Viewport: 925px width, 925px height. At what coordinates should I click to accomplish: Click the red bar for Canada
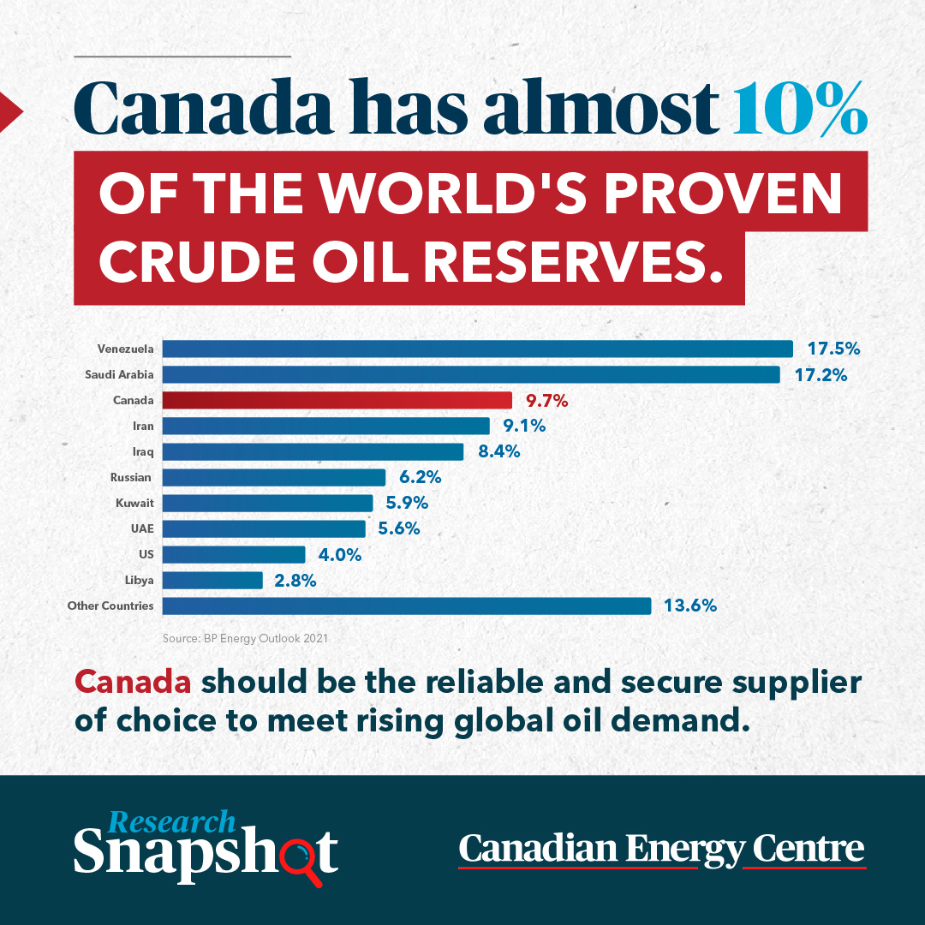point(337,400)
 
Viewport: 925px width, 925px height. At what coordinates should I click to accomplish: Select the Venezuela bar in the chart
point(478,349)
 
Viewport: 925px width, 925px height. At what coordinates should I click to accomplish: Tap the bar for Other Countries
point(407,606)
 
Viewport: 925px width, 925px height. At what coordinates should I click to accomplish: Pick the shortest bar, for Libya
point(212,581)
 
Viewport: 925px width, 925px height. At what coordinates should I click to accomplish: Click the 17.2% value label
point(821,375)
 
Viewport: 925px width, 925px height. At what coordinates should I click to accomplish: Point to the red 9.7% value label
point(546,401)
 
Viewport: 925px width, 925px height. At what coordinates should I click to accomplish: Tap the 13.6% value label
point(690,606)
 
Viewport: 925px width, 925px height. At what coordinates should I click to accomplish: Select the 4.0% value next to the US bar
point(340,555)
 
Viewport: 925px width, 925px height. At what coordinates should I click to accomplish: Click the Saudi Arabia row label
point(119,374)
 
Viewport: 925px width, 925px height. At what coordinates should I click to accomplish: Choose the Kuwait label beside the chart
point(134,504)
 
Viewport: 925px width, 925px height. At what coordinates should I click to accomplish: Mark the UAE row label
point(142,528)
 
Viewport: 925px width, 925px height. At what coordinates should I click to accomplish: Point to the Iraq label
point(143,452)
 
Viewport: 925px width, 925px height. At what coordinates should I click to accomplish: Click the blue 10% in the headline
point(800,108)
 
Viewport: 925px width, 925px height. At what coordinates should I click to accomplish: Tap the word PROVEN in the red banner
point(723,194)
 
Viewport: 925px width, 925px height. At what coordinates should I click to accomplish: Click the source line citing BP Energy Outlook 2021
point(245,638)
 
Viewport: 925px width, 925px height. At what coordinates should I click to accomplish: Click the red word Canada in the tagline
point(133,683)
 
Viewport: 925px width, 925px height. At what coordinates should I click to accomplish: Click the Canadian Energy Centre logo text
point(662,850)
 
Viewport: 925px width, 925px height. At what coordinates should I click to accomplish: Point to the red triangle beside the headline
point(9,111)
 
